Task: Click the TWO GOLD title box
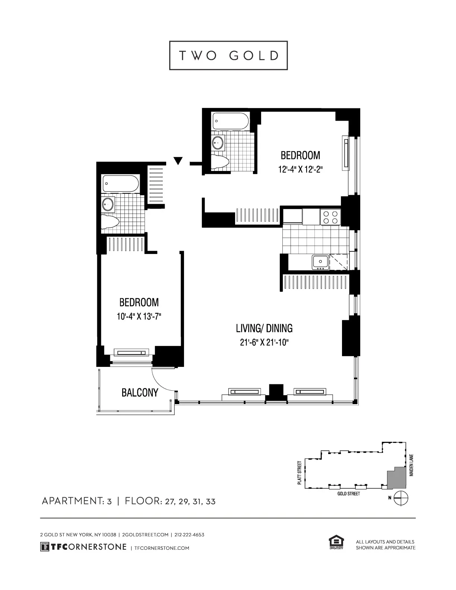(228, 55)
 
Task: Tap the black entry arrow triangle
(178, 161)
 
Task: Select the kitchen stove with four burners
(330, 217)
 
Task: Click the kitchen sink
(320, 262)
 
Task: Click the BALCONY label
(140, 393)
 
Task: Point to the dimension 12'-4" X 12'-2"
(300, 169)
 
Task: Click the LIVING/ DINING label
(264, 328)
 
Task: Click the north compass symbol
(402, 498)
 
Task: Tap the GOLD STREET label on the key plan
(348, 494)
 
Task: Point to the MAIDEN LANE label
(411, 464)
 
